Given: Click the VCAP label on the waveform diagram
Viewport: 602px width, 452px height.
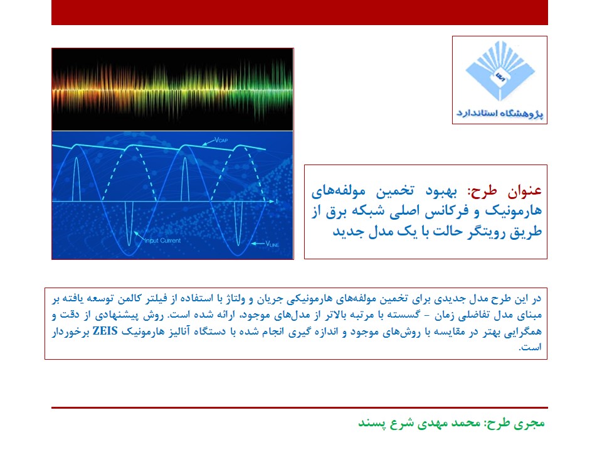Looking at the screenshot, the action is coord(221,140).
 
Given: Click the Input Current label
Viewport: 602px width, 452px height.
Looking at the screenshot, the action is coord(163,240).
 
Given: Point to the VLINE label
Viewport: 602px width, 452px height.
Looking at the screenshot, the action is coord(272,244).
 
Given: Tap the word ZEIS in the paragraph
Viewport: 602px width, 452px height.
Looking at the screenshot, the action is coord(105,331).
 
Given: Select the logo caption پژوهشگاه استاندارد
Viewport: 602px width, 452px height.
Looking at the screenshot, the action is coord(500,114).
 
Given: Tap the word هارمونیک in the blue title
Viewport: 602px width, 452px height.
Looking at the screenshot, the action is coord(514,211).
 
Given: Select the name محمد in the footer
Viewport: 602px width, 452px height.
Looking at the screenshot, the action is coord(465,422).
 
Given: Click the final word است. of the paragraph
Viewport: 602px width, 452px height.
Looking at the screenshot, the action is coord(531,347).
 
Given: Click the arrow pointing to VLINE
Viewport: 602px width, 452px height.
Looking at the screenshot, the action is coord(258,244).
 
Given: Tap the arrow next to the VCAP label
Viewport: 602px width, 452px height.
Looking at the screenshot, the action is coord(208,143).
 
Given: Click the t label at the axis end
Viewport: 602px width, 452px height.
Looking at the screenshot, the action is coord(277,202).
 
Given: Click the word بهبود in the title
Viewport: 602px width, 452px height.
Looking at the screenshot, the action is coord(441,191).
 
